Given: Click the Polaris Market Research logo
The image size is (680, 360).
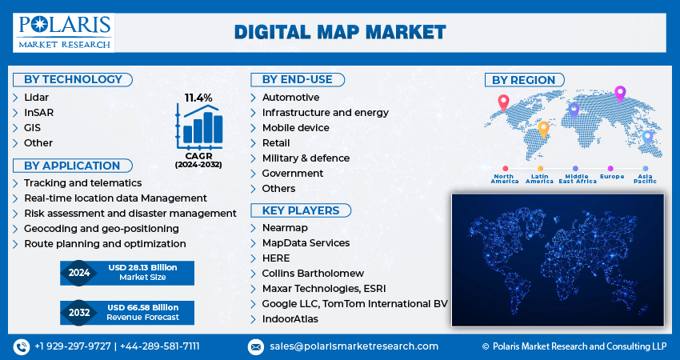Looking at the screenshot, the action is [x=64, y=33].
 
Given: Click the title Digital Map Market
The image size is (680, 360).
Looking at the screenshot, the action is [x=340, y=33].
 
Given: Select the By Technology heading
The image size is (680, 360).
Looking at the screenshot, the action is [x=73, y=79].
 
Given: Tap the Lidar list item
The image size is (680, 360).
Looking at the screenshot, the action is [x=37, y=97].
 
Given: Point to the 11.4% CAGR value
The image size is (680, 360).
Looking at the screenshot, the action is [x=198, y=98].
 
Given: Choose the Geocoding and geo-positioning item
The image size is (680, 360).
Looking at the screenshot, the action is [x=102, y=229].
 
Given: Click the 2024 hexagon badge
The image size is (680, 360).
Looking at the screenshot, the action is [x=79, y=273].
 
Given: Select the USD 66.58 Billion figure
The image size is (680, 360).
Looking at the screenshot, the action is [x=143, y=307].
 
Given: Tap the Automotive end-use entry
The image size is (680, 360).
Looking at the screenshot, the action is [x=290, y=97].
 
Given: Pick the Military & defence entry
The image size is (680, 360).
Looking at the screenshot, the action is [x=306, y=158].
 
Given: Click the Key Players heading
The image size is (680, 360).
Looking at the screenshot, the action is [x=301, y=210].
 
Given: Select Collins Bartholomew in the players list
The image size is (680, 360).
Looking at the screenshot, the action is [x=313, y=274].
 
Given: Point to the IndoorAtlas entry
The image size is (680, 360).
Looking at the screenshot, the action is [x=290, y=318].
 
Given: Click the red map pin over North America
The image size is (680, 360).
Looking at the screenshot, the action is [x=503, y=102].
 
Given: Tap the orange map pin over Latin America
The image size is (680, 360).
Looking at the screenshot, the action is [x=543, y=130].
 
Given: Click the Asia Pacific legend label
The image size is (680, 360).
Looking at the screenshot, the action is [x=646, y=178].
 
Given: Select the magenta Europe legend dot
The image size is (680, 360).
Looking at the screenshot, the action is [x=610, y=168].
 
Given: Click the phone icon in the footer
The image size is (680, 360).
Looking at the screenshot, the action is [x=22, y=346].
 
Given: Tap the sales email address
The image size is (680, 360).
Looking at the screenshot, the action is [x=354, y=346].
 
